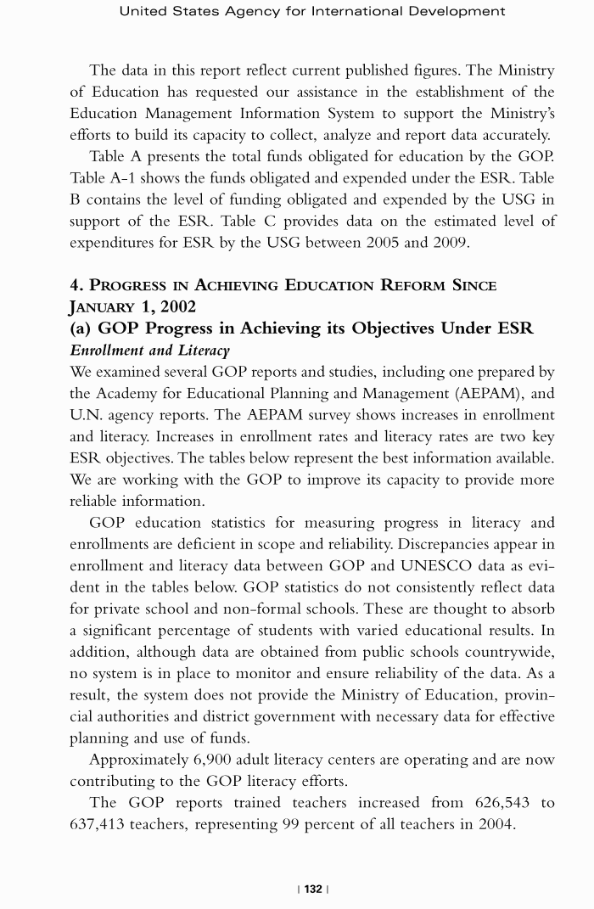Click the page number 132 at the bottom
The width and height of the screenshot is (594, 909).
point(313,889)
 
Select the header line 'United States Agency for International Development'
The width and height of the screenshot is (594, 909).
point(312,11)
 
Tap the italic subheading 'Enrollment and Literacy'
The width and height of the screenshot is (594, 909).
point(149,350)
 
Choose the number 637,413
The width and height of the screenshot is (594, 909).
point(104,825)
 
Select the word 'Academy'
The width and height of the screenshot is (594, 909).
point(129,393)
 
